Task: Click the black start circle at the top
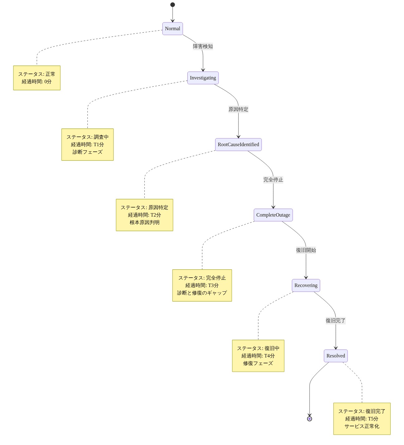pos(172,5)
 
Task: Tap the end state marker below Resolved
pos(310,419)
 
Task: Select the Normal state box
pos(172,29)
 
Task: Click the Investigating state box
pos(203,78)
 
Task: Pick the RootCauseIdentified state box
pos(238,145)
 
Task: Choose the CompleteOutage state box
pos(273,215)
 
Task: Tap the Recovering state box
pos(306,285)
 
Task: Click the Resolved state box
pos(336,356)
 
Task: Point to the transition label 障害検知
pos(203,46)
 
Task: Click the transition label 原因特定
pos(238,109)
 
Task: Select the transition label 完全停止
pos(273,180)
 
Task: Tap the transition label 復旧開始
pos(306,250)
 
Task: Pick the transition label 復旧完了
pos(336,321)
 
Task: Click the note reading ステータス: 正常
pos(37,78)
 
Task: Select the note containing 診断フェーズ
pos(88,145)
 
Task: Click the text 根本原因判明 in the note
pos(145,222)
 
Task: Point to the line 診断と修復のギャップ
pos(202,293)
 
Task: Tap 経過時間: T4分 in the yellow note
pos(258,356)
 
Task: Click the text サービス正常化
pos(362,426)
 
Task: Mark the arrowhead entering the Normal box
pos(172,21)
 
